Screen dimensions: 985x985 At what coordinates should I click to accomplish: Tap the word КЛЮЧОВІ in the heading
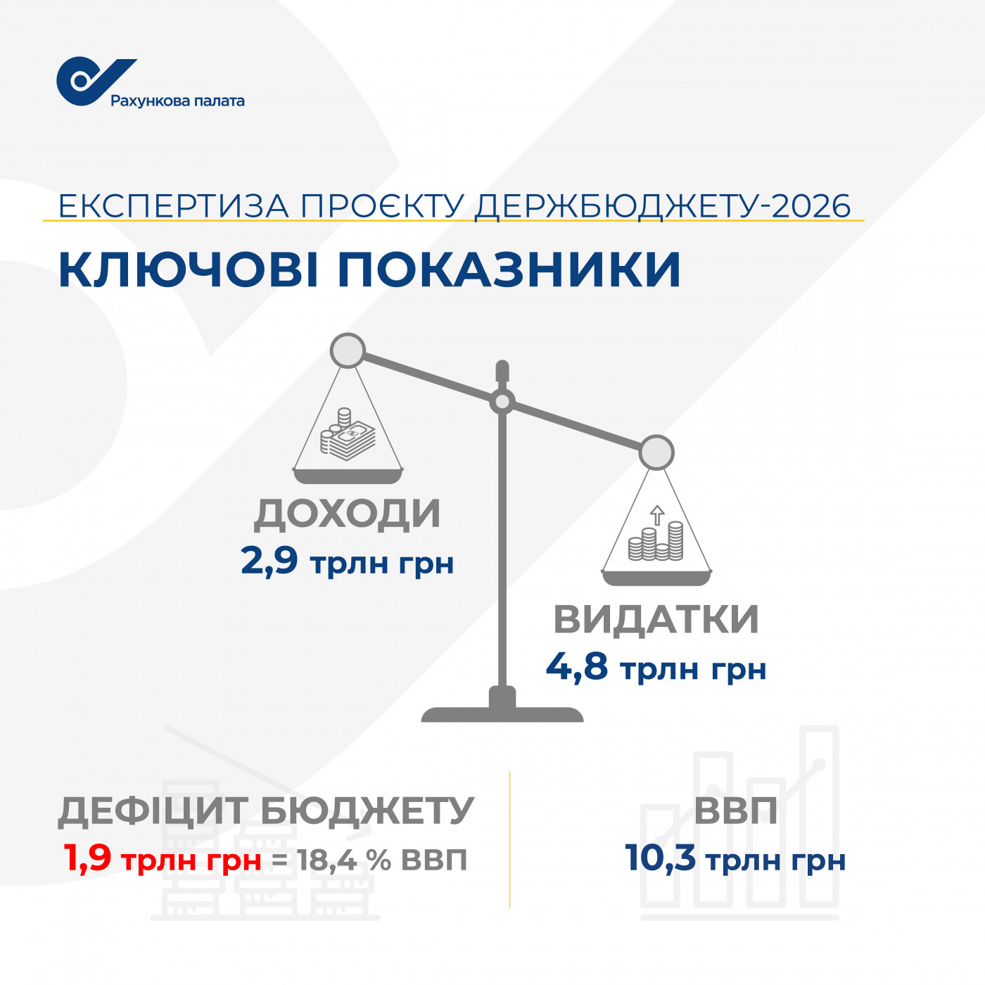[189, 269]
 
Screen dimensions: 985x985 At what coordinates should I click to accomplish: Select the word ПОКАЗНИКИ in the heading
[509, 269]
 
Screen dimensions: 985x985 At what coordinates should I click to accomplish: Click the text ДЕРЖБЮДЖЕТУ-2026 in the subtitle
[663, 207]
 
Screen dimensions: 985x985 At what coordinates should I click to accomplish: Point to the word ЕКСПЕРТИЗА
[174, 206]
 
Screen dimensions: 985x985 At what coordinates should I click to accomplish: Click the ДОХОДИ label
[347, 514]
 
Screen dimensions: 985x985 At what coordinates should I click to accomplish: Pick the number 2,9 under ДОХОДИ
[269, 561]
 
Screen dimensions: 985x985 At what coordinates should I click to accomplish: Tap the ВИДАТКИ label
[656, 620]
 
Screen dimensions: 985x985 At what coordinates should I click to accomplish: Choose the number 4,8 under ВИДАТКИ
[577, 666]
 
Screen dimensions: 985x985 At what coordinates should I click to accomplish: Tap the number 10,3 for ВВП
[660, 857]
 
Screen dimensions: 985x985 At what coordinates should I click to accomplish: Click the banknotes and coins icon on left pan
[348, 433]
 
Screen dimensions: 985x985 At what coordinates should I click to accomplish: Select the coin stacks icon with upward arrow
[656, 533]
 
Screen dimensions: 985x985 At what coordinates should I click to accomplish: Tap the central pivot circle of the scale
[502, 402]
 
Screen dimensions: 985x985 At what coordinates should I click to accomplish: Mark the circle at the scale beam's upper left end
[348, 350]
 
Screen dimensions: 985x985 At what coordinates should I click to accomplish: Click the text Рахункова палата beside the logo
[177, 101]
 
